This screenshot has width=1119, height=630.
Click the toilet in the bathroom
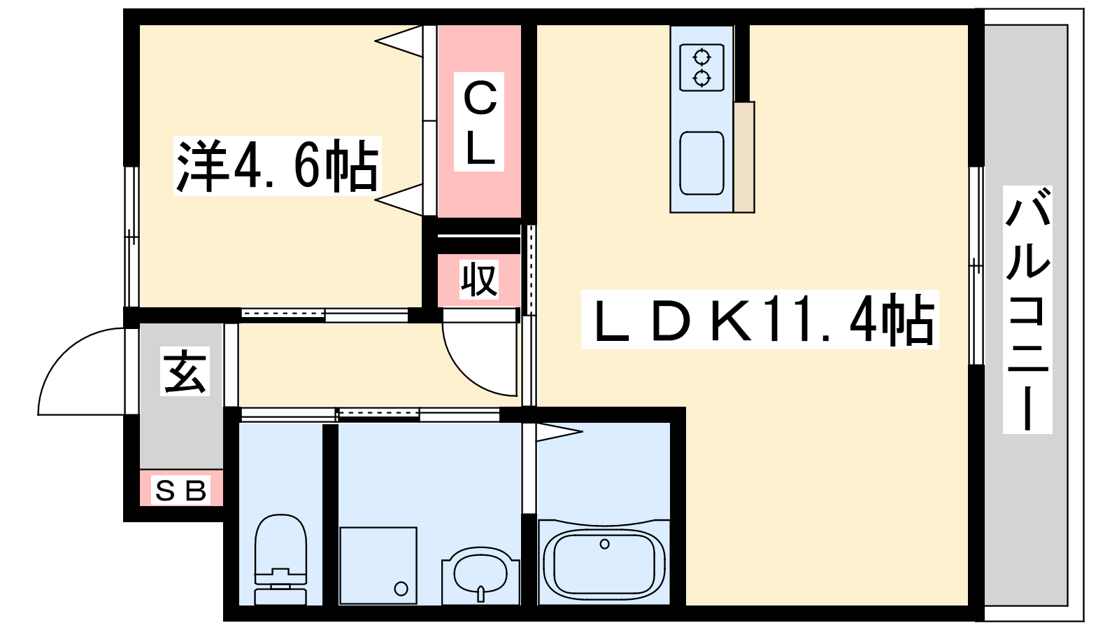(x=280, y=553)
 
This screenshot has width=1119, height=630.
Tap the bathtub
(x=604, y=563)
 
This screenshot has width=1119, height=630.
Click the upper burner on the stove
(x=701, y=56)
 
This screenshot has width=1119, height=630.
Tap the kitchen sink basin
(x=701, y=163)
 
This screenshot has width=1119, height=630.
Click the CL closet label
(x=480, y=122)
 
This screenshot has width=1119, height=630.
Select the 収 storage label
(x=479, y=280)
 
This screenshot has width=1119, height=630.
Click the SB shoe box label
(x=181, y=490)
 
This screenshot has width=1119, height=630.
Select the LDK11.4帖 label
(x=760, y=320)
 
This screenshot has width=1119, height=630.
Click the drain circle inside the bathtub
(x=605, y=544)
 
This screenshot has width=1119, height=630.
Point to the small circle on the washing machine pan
(x=401, y=588)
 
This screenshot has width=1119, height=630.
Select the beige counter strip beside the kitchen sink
(x=744, y=157)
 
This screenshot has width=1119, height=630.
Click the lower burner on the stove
(x=701, y=77)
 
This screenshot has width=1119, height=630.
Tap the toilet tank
(x=280, y=596)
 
